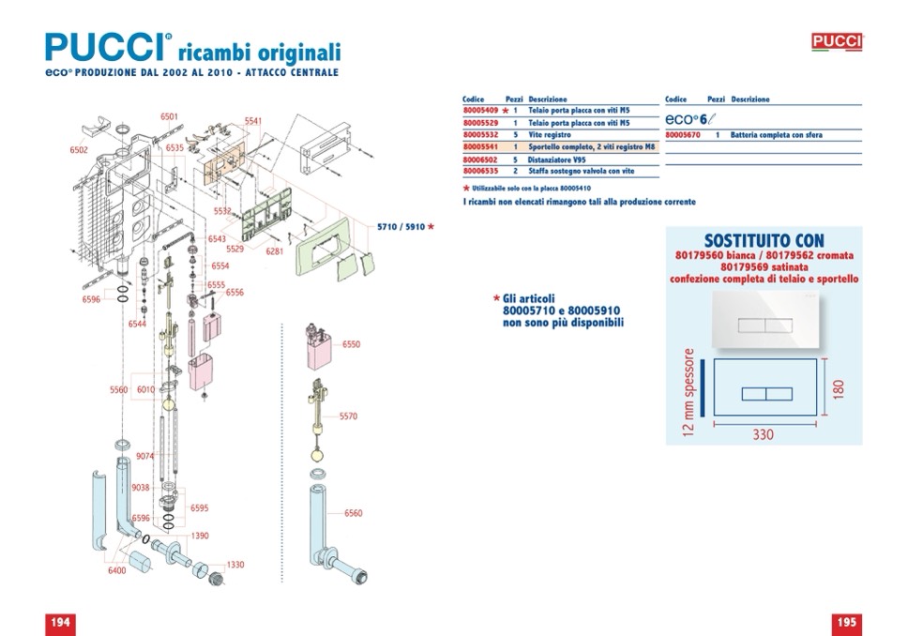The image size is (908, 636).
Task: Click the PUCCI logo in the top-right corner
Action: [836, 41]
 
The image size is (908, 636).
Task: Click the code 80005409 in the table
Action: [479, 110]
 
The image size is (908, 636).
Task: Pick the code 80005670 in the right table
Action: [682, 135]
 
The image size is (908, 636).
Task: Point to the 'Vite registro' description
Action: [550, 135]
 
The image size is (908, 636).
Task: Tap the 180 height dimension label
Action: [839, 386]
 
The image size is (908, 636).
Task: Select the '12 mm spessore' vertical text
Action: [691, 393]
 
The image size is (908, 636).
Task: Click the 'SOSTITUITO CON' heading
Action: [764, 241]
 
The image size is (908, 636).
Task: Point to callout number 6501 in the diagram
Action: [169, 116]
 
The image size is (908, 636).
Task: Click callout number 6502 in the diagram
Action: [79, 150]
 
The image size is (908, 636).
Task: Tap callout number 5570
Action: [348, 416]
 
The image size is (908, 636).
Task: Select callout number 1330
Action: [235, 565]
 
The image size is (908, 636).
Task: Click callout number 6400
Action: [117, 570]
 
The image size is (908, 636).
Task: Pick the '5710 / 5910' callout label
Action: [401, 227]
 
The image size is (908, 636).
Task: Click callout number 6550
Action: [351, 344]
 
